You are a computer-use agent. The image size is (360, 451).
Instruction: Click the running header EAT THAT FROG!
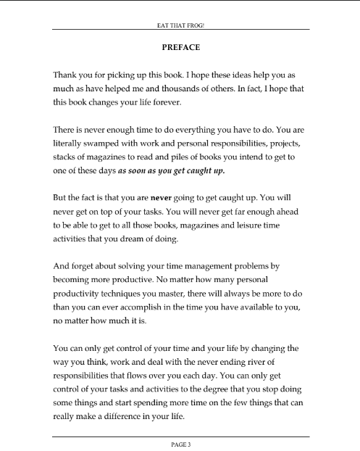coord(181,23)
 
